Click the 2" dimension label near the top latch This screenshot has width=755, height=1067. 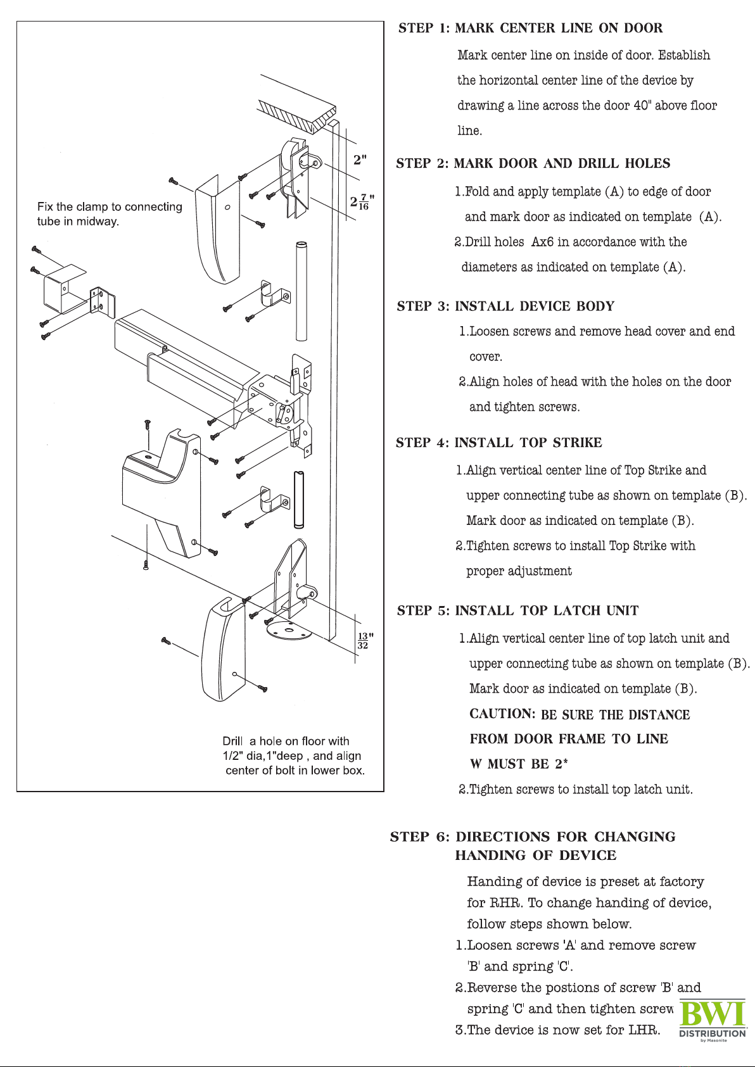360,160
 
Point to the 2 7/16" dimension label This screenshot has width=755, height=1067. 362,201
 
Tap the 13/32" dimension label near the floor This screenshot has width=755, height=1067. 365,641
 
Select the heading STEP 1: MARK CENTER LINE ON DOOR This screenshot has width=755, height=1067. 530,28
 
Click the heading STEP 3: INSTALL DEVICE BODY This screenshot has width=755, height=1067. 505,306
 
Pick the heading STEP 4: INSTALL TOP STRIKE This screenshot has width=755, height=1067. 498,443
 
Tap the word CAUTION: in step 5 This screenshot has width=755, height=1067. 502,714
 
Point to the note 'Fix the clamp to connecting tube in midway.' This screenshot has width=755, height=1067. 110,214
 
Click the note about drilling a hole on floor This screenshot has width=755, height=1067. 293,755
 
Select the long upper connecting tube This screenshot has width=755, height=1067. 301,291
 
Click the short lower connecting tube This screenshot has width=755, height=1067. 299,499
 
